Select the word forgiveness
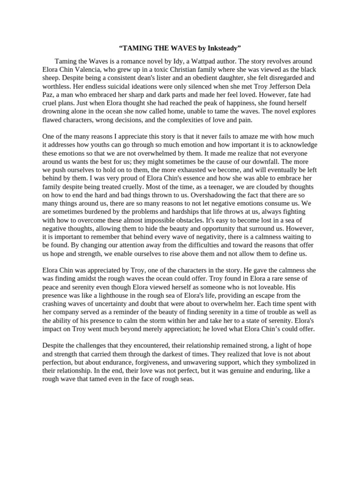coord(165,362)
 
